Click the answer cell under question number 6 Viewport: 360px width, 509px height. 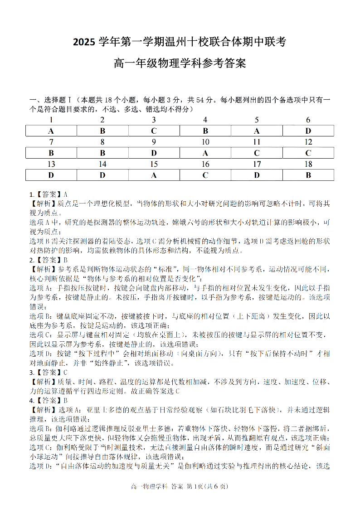(308, 131)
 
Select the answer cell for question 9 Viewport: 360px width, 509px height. (154, 153)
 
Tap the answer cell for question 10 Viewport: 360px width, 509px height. (205, 153)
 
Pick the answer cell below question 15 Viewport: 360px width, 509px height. (154, 175)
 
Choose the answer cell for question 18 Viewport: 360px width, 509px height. (308, 175)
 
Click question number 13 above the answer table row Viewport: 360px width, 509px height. (51, 164)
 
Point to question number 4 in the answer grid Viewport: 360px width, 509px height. (205, 120)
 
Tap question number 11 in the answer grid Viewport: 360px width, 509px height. (257, 142)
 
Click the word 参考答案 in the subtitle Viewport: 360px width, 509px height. (222, 63)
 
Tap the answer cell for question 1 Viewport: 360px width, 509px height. (51, 131)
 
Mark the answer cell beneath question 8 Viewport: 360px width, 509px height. (102, 153)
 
